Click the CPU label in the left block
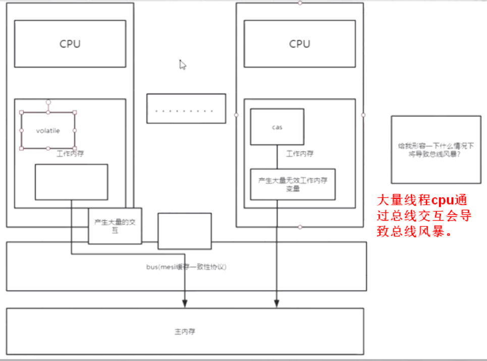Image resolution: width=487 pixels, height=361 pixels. point(70,44)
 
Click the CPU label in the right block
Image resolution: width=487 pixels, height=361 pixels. point(299,44)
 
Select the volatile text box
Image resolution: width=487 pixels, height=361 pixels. point(48,131)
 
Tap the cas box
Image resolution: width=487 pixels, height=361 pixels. point(277,127)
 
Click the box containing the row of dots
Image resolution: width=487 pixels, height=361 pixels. point(186,108)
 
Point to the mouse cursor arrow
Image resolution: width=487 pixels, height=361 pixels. point(183,65)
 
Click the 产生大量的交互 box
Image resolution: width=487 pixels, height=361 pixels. point(115,225)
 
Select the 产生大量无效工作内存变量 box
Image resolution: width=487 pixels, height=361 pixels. point(293,184)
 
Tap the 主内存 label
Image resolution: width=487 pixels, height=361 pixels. point(185,332)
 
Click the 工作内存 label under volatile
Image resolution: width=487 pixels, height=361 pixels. point(70,153)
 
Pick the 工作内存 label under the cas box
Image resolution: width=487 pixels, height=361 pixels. point(300,153)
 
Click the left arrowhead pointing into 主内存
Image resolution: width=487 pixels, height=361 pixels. point(185,303)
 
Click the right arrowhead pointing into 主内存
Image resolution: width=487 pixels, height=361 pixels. point(277,303)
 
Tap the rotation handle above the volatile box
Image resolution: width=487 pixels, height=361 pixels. point(48,102)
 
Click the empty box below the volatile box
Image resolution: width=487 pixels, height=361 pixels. point(71,182)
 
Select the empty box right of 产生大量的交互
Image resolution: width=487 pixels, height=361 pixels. point(184,230)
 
